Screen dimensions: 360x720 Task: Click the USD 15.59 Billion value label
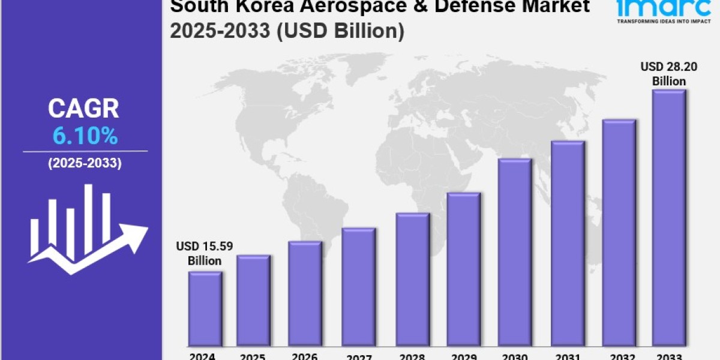pos(204,253)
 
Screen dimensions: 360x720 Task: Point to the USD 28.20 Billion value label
pos(669,74)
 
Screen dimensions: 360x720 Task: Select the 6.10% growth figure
pos(85,137)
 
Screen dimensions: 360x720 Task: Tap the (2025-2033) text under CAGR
pos(85,163)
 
